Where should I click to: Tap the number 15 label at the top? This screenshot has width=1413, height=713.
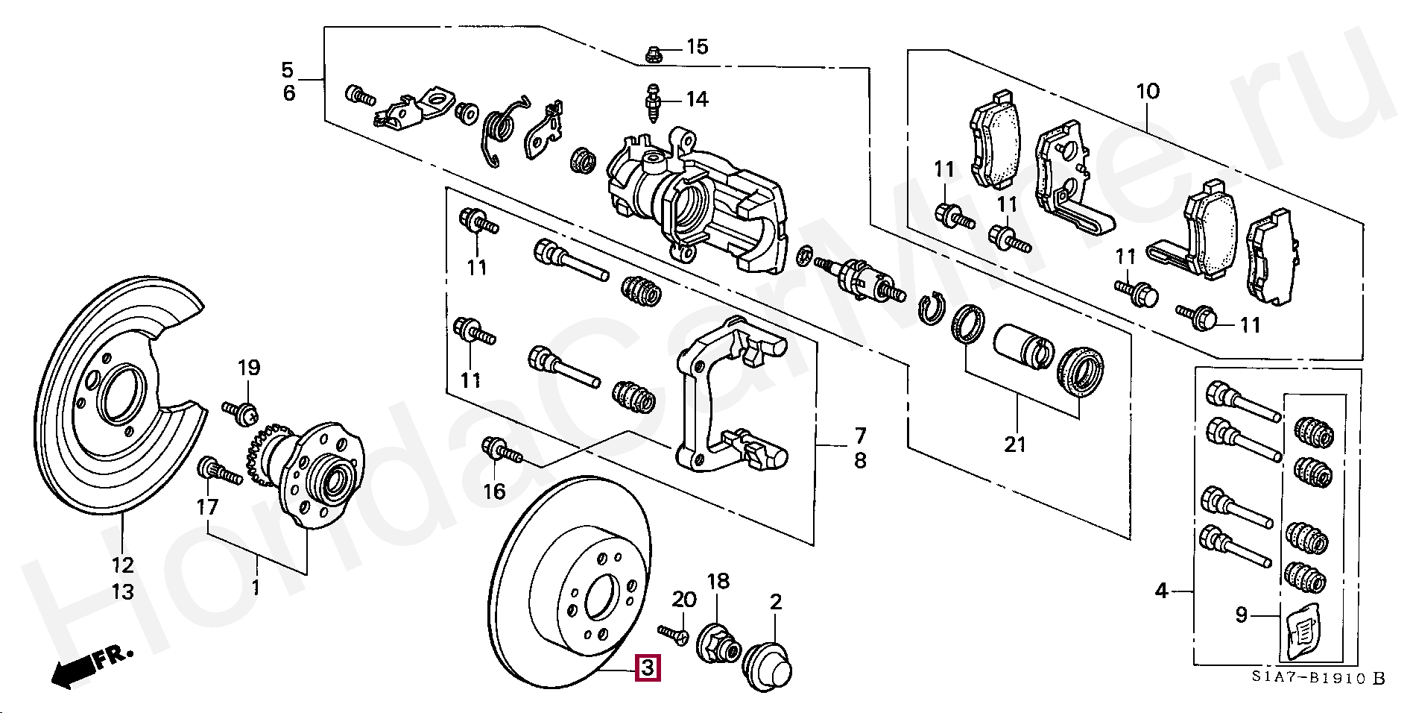[x=697, y=47]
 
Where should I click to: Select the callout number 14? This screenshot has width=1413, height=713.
[x=697, y=99]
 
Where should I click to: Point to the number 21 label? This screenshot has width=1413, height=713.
[x=1015, y=445]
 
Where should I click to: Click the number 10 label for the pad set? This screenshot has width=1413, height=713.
[x=1148, y=92]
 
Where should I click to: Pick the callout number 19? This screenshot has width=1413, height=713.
[x=249, y=367]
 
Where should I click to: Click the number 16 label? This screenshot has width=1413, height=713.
[x=494, y=491]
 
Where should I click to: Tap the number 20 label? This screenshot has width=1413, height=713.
[x=683, y=599]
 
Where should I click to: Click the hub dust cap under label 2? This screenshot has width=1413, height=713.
[x=770, y=665]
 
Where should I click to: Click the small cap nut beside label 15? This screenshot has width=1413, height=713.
[x=653, y=54]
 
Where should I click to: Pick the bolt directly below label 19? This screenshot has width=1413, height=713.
[x=241, y=410]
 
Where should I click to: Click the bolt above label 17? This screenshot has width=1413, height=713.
[x=220, y=472]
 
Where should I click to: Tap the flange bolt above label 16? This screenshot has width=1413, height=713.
[x=502, y=450]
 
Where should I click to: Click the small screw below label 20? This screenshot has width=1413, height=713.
[x=674, y=633]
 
